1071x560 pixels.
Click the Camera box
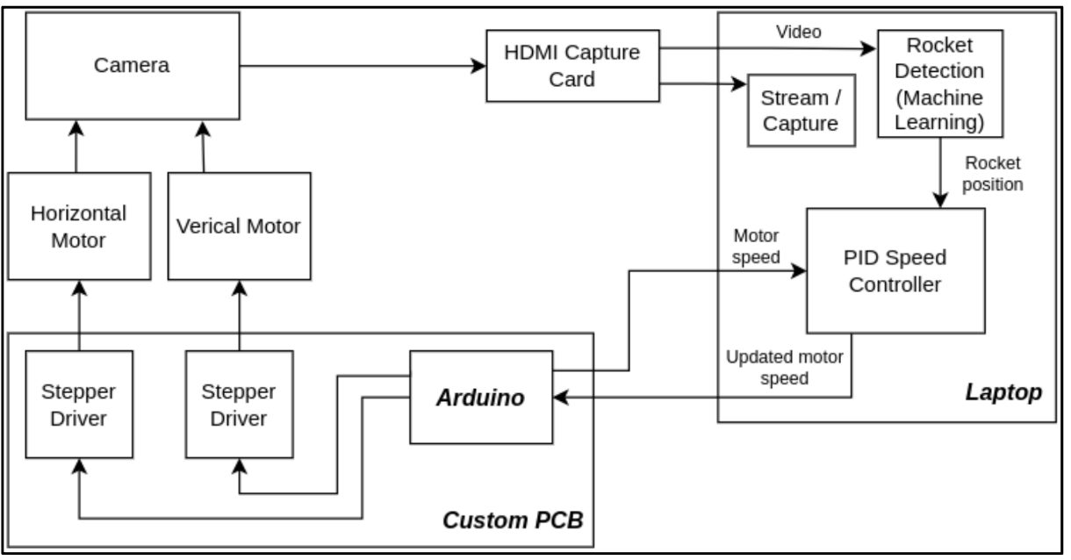[x=131, y=65]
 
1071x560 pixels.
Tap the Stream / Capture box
[x=801, y=110]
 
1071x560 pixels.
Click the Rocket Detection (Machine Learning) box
[x=941, y=83]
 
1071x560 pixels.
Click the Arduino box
[x=481, y=397]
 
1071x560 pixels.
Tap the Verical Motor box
[x=238, y=226]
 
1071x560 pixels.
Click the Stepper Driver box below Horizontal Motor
[x=79, y=404]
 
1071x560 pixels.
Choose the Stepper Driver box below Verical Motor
[x=240, y=404]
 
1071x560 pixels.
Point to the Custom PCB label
[x=513, y=520]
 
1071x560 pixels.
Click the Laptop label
[x=1005, y=391]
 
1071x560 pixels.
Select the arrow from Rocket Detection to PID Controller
[x=941, y=172]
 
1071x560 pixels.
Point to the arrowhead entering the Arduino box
[x=562, y=398]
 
